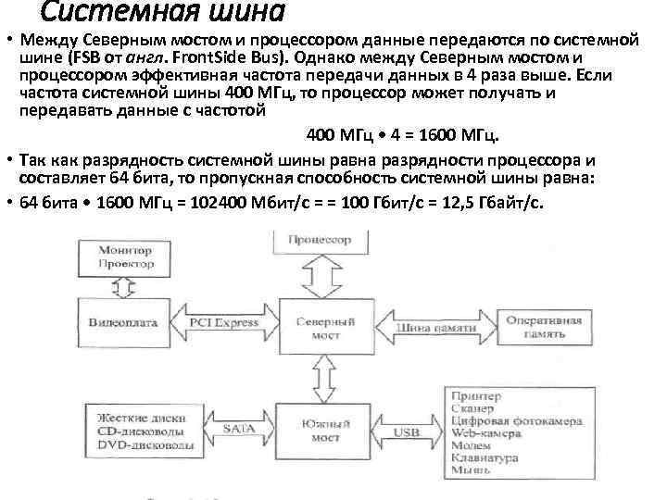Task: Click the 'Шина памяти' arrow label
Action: [429, 326]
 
